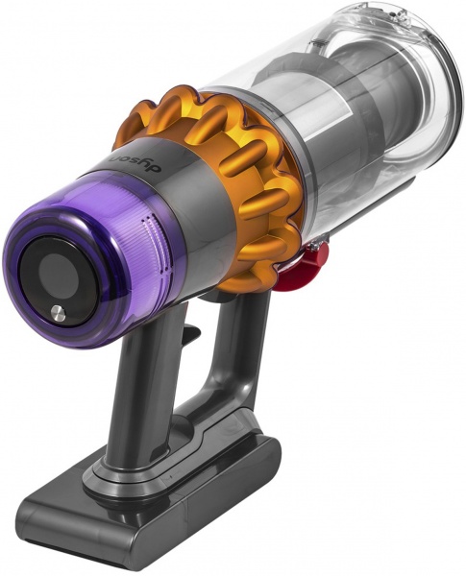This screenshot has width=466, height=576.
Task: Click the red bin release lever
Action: pos(311,253)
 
